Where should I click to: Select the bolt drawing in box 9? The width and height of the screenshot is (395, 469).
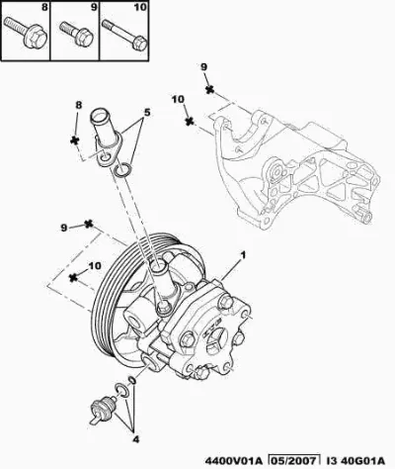(x=77, y=34)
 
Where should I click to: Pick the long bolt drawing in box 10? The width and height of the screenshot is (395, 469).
(x=124, y=36)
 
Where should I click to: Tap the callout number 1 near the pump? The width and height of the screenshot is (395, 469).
(x=243, y=255)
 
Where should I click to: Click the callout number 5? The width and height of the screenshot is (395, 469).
(x=146, y=112)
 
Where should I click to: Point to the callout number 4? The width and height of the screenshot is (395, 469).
(x=136, y=439)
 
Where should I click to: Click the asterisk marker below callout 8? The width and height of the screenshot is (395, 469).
(x=75, y=141)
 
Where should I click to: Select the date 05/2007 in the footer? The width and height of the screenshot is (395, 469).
(x=293, y=460)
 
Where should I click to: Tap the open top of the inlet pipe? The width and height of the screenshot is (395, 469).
(x=99, y=117)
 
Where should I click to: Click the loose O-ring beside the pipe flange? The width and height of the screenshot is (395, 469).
(x=123, y=170)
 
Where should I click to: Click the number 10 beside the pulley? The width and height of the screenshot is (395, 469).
(x=95, y=265)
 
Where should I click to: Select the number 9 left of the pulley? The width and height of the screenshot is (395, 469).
(x=64, y=228)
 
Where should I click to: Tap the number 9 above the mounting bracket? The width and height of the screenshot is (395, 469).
(x=203, y=67)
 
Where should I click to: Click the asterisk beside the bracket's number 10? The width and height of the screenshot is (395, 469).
(x=189, y=121)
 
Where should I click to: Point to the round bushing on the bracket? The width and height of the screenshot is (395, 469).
(x=276, y=172)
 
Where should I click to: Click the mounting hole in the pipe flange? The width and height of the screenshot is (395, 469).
(x=106, y=157)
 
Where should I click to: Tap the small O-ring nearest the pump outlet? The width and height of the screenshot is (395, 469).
(x=131, y=380)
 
